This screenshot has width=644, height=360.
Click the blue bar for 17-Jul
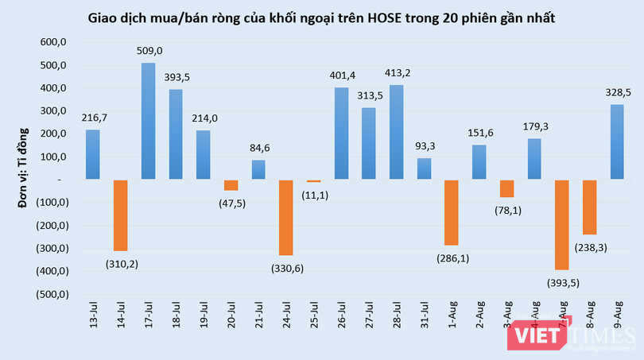(x=148, y=121)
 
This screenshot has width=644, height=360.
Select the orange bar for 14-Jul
(x=120, y=215)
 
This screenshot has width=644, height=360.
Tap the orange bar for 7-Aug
(x=562, y=225)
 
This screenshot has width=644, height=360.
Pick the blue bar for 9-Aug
(x=617, y=142)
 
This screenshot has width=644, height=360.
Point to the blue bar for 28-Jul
(x=396, y=132)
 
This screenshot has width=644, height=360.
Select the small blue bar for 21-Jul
(x=258, y=170)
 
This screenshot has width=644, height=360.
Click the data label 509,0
(x=149, y=51)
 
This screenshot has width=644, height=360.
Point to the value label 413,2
(x=396, y=73)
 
